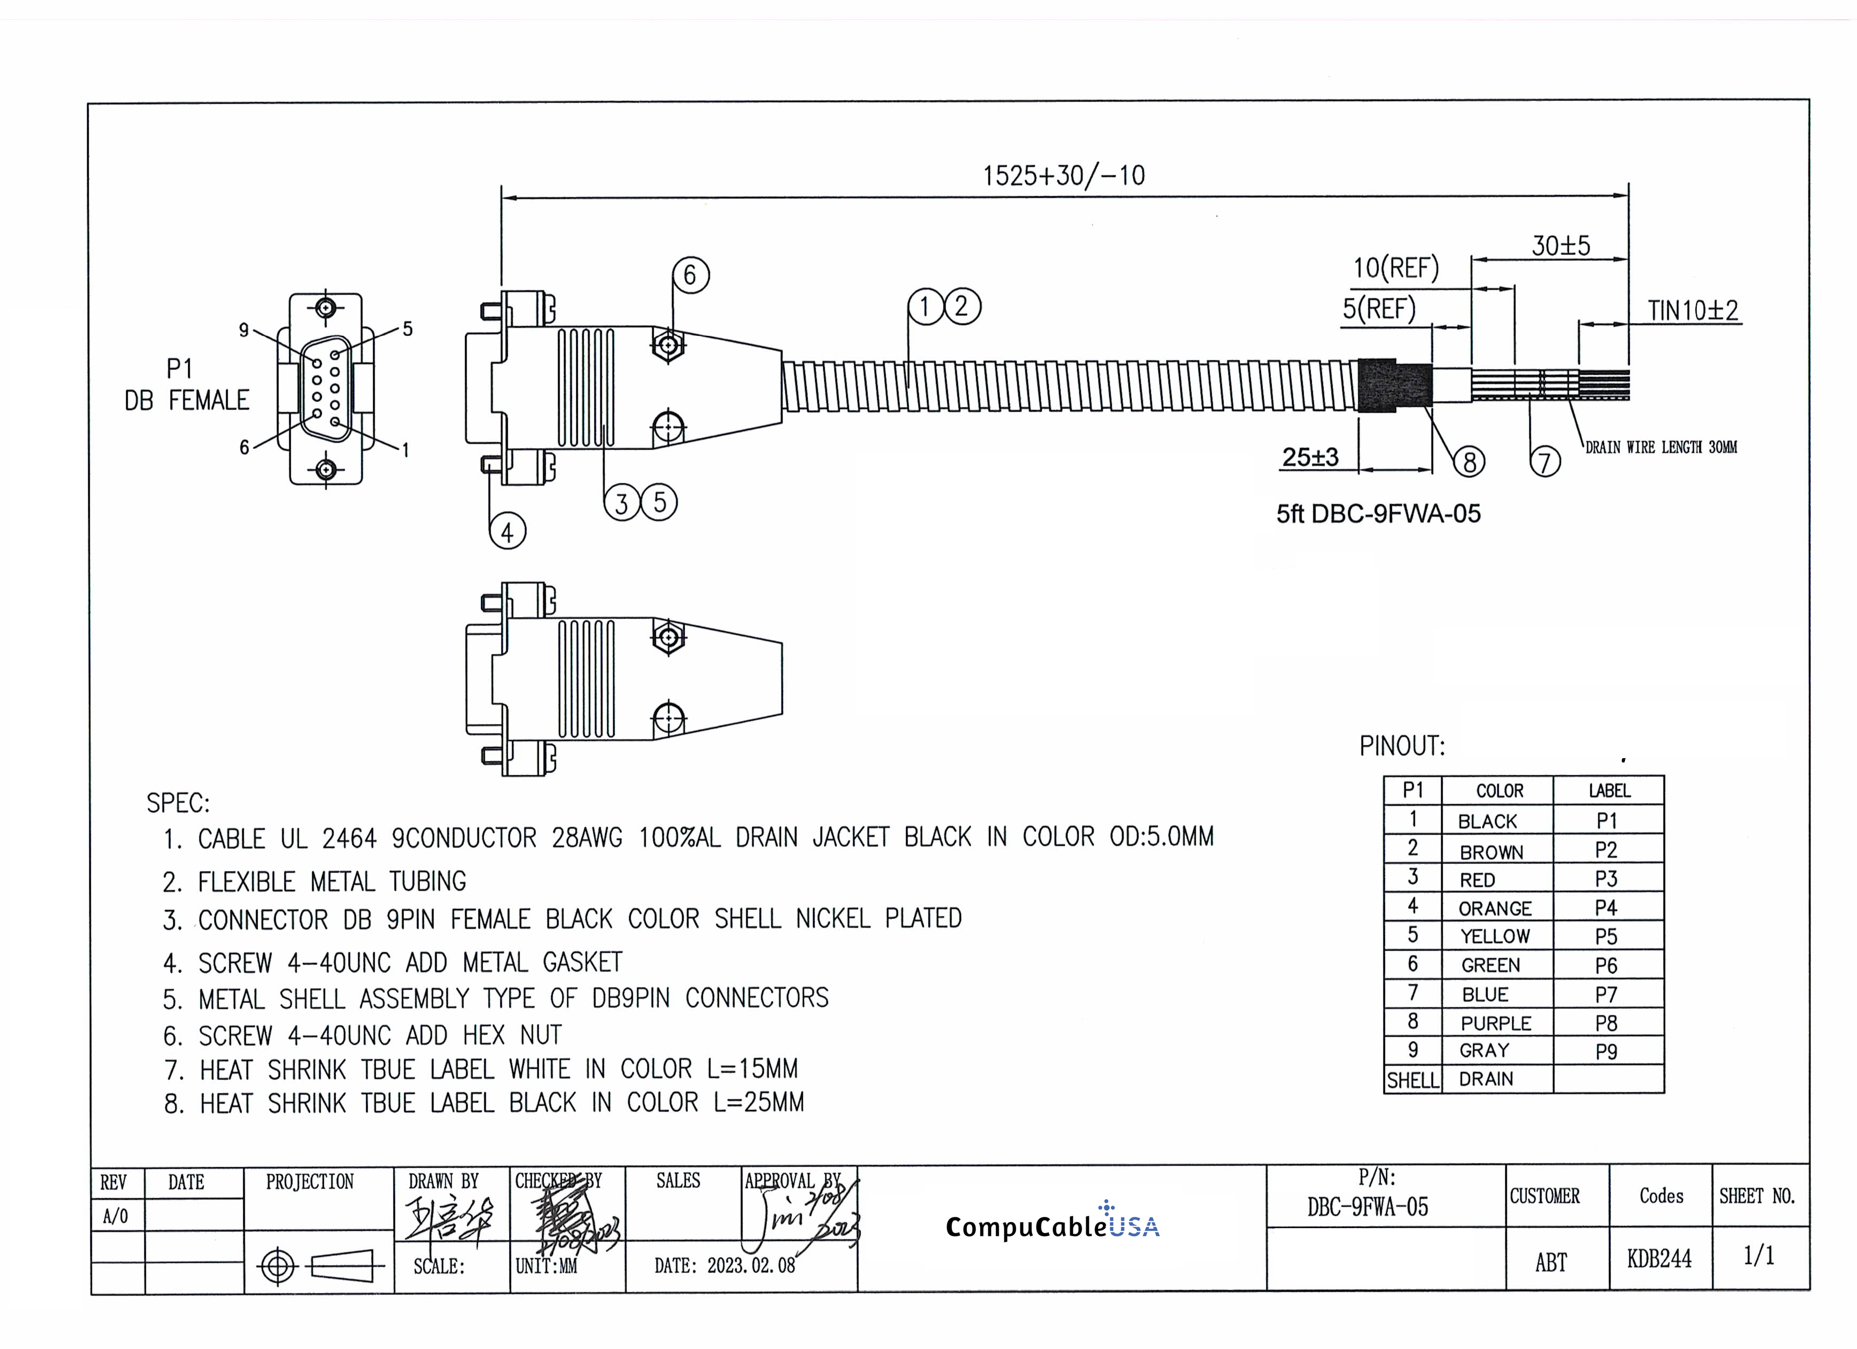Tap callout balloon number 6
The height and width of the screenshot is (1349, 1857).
(x=690, y=275)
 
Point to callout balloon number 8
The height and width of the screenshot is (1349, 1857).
(x=1469, y=462)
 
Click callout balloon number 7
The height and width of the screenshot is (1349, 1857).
(x=1544, y=462)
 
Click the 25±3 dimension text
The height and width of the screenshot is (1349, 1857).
(x=1310, y=457)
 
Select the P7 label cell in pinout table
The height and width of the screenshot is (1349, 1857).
(x=1606, y=995)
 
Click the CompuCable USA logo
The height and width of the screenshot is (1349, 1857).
(x=1052, y=1226)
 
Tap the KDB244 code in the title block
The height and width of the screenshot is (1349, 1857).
(x=1659, y=1259)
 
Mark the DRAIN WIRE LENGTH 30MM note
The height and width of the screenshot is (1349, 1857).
(x=1660, y=447)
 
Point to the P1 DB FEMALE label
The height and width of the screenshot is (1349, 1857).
(x=187, y=385)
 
